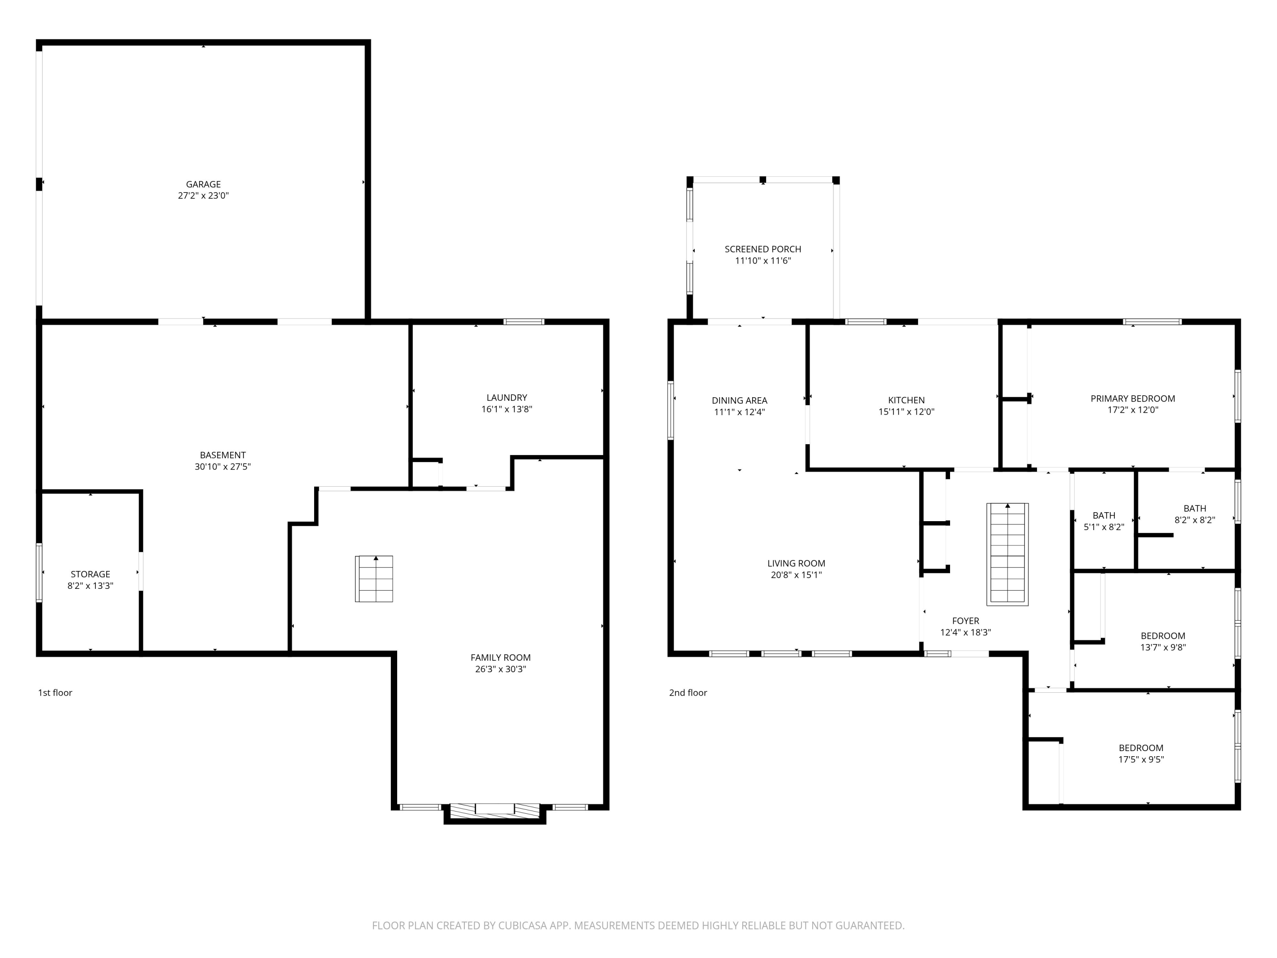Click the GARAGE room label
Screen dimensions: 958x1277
click(x=203, y=184)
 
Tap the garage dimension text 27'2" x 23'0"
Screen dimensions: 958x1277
click(x=203, y=196)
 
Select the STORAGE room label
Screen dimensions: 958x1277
click(x=90, y=574)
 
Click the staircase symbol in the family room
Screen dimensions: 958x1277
click(x=374, y=579)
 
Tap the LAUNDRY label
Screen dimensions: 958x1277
click(x=506, y=397)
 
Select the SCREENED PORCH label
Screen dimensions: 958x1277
click(x=763, y=249)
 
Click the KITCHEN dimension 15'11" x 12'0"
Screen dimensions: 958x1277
click(x=906, y=412)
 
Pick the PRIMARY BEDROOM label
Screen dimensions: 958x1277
click(x=1132, y=399)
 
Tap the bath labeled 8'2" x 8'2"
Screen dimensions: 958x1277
click(x=1194, y=514)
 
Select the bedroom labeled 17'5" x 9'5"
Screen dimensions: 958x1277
click(x=1141, y=754)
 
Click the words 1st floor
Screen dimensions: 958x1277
click(x=55, y=692)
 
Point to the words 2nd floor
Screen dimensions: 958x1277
click(x=687, y=692)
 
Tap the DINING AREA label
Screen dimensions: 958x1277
click(x=739, y=400)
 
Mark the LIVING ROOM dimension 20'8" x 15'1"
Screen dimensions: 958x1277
click(x=796, y=574)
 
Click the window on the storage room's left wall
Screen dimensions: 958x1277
click(x=39, y=572)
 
